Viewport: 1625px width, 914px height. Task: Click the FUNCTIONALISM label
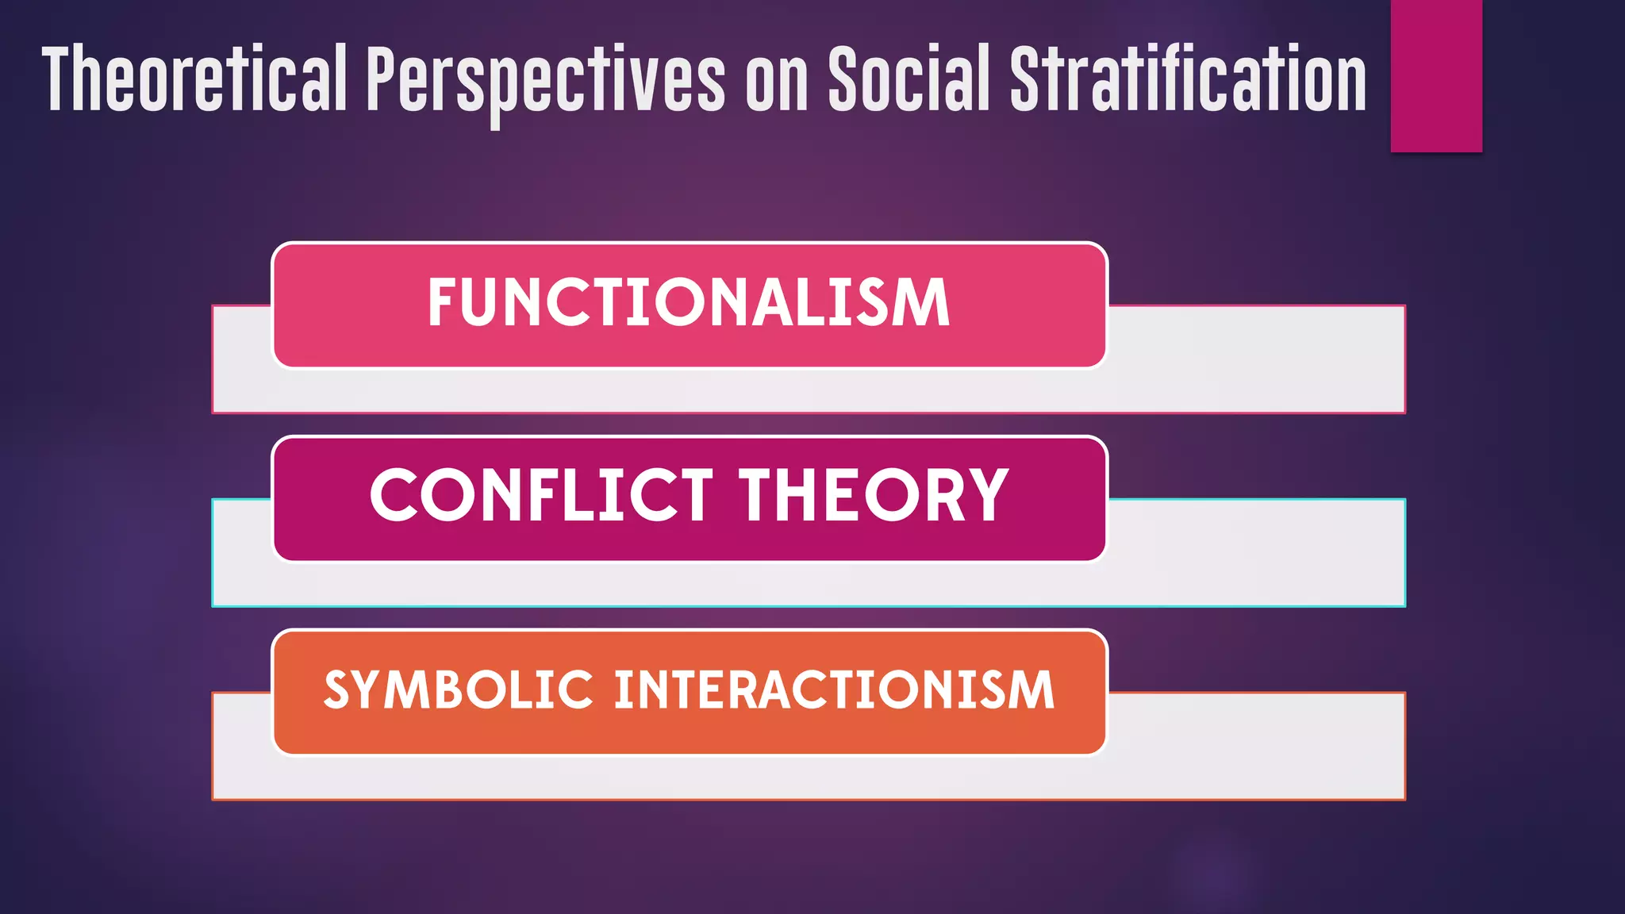point(689,303)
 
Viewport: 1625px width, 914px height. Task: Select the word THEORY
point(874,495)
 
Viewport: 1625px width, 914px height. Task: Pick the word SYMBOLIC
point(459,689)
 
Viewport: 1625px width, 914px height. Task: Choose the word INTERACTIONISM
point(834,689)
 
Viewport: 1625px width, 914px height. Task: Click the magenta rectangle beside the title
point(1436,75)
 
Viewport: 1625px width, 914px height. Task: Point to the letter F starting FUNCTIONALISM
point(443,303)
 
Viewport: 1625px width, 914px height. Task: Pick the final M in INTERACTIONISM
point(1032,689)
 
